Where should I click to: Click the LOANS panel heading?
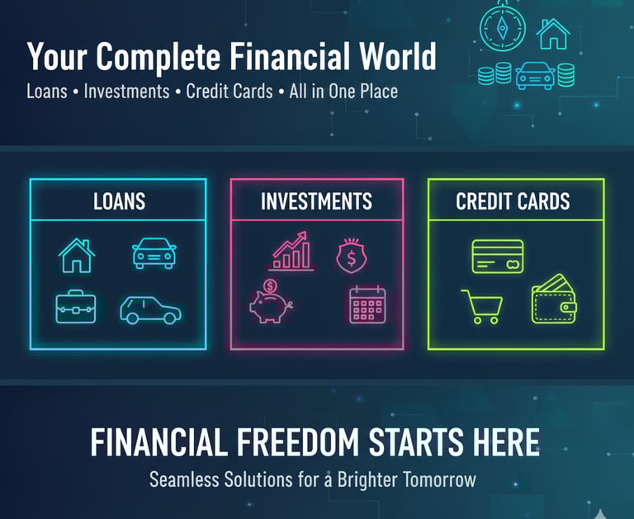(119, 201)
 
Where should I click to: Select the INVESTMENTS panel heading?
(317, 201)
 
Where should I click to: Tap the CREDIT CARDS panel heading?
(513, 201)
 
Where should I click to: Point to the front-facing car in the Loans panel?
(154, 253)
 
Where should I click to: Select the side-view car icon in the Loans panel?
(150, 310)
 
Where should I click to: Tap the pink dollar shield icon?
(352, 256)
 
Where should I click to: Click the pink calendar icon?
(367, 304)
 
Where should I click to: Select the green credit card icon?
(498, 257)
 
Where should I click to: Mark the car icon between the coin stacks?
(535, 76)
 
